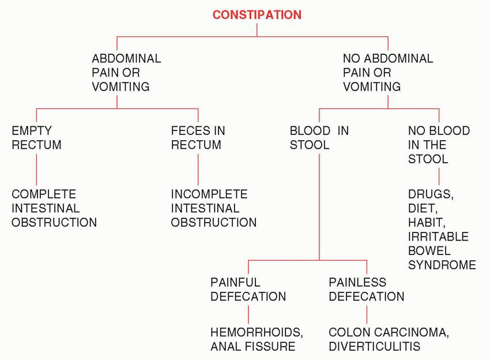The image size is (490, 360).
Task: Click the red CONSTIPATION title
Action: pyautogui.click(x=257, y=15)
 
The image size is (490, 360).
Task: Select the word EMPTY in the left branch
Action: pyautogui.click(x=31, y=131)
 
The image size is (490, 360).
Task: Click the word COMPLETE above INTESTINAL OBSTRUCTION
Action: pyautogui.click(x=44, y=194)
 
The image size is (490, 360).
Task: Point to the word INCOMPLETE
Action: pyautogui.click(x=209, y=194)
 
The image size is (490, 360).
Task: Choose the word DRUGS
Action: pyautogui.click(x=429, y=194)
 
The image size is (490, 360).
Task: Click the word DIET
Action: pyautogui.click(x=421, y=209)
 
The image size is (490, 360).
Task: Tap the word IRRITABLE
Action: pyautogui.click(x=439, y=237)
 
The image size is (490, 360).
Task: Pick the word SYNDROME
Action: pyautogui.click(x=442, y=265)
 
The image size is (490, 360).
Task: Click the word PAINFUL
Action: pyautogui.click(x=235, y=283)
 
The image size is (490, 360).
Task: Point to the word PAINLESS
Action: pyautogui.click(x=357, y=283)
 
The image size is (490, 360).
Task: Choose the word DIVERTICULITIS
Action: pyautogui.click(x=375, y=347)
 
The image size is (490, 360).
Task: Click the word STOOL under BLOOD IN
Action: pyautogui.click(x=310, y=145)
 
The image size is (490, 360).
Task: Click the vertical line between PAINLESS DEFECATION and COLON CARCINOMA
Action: pyautogui.click(x=367, y=314)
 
